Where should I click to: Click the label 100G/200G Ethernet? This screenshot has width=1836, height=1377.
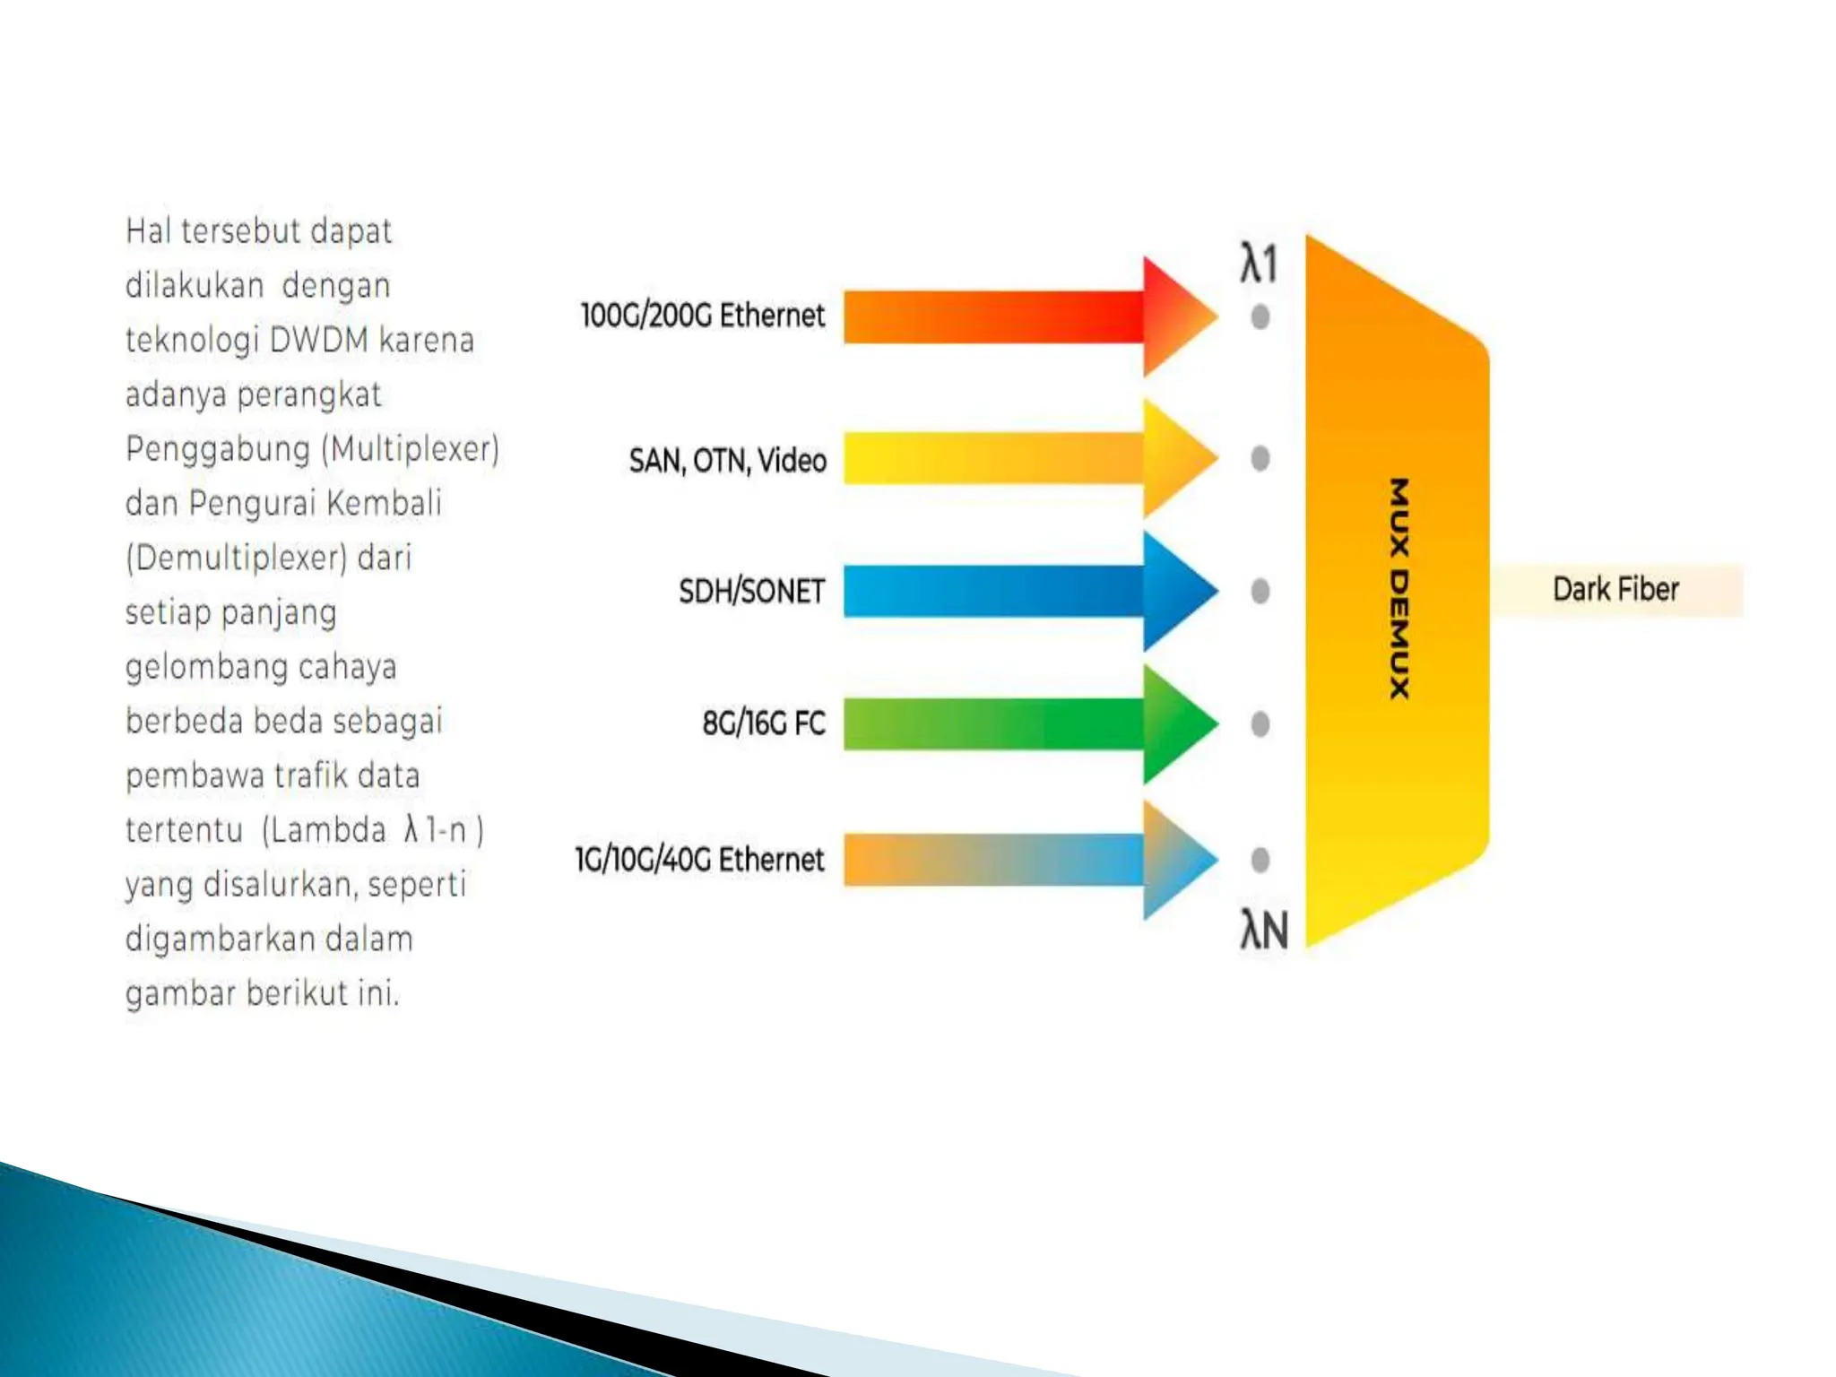[x=702, y=316]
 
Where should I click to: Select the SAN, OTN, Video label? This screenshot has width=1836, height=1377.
[x=727, y=461]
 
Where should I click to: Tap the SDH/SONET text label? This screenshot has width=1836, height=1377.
[x=751, y=592]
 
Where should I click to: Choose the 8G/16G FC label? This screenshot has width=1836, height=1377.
[x=763, y=723]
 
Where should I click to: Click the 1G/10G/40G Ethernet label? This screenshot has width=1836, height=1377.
[x=699, y=860]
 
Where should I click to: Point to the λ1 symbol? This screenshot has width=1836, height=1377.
[x=1259, y=264]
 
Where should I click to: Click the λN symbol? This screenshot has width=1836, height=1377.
[x=1264, y=930]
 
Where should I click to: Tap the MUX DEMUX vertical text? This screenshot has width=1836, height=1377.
[x=1399, y=588]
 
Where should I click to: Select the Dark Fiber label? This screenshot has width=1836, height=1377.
[x=1615, y=589]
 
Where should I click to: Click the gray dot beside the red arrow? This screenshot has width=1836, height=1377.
[x=1260, y=316]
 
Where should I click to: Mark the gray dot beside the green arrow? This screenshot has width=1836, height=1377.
[x=1260, y=723]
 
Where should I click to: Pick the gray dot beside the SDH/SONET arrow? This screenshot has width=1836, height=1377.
[x=1260, y=591]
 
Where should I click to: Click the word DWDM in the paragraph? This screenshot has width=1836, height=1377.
[x=318, y=341]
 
